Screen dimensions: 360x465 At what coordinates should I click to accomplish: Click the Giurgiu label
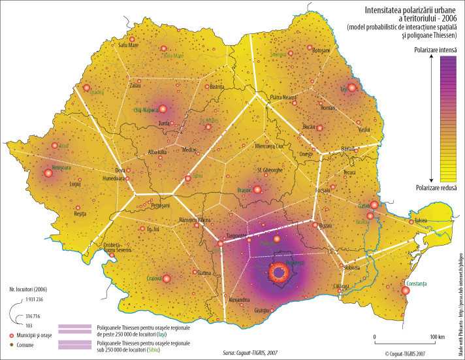(261, 310)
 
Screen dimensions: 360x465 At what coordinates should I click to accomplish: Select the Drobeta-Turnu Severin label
(118, 248)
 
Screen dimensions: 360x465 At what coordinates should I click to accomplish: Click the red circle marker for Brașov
(257, 189)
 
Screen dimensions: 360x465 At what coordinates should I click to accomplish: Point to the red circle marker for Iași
(352, 88)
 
